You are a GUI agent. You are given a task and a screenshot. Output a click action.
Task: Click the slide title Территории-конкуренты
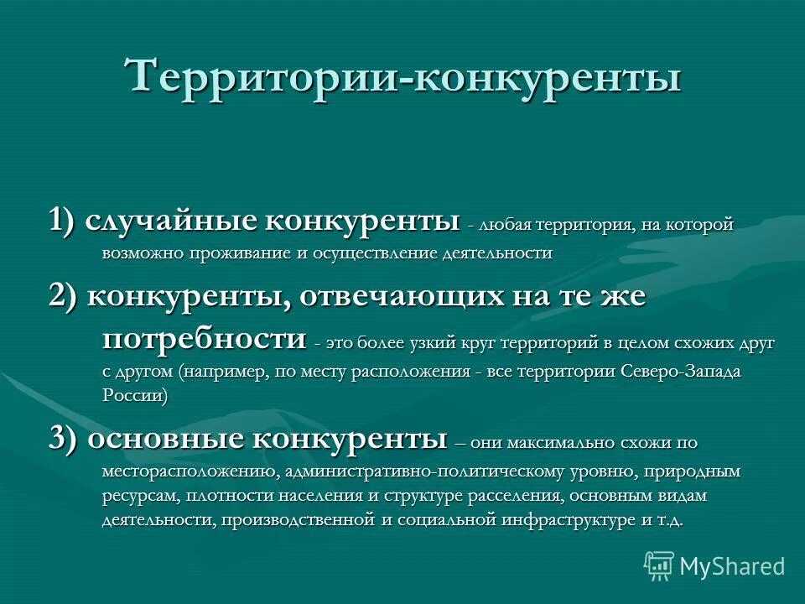[x=402, y=78]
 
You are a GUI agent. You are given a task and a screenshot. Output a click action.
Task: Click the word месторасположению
[x=190, y=471]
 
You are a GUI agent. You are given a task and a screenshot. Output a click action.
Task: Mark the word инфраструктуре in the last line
[x=569, y=520]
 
